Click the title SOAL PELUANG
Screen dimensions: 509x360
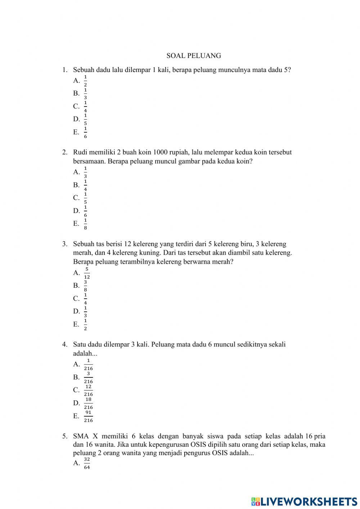(x=194, y=56)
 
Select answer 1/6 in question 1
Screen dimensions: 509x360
(x=85, y=133)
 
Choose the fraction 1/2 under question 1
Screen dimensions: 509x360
(x=85, y=81)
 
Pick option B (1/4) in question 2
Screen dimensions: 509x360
(x=85, y=185)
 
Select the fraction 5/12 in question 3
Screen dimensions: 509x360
(x=87, y=273)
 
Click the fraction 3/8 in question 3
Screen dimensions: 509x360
(x=85, y=286)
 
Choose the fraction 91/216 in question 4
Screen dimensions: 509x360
(x=88, y=416)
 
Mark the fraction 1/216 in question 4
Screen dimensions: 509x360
(x=88, y=365)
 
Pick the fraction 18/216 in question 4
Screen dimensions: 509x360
(x=88, y=403)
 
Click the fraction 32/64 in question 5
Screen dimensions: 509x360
(x=87, y=463)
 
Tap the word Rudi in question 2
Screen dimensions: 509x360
(x=80, y=152)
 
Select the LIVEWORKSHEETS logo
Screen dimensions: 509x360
(x=304, y=501)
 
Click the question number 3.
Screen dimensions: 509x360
(x=64, y=244)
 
